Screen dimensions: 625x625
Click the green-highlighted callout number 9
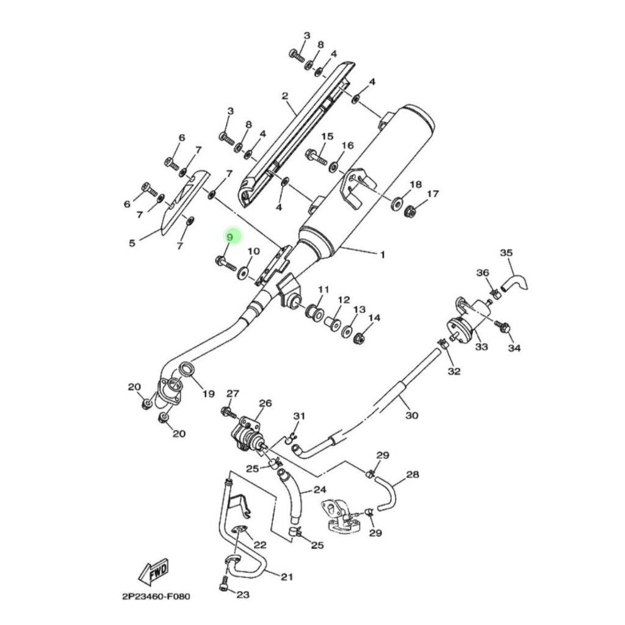(229, 237)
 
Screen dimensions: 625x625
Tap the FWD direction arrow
(153, 572)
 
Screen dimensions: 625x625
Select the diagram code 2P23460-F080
(156, 597)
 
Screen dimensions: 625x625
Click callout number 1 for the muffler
(383, 255)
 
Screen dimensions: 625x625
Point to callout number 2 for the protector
(284, 96)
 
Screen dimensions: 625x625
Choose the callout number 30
(412, 415)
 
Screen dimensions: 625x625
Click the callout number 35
(506, 253)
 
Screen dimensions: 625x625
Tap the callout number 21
(287, 577)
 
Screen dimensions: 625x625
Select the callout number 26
(265, 403)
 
